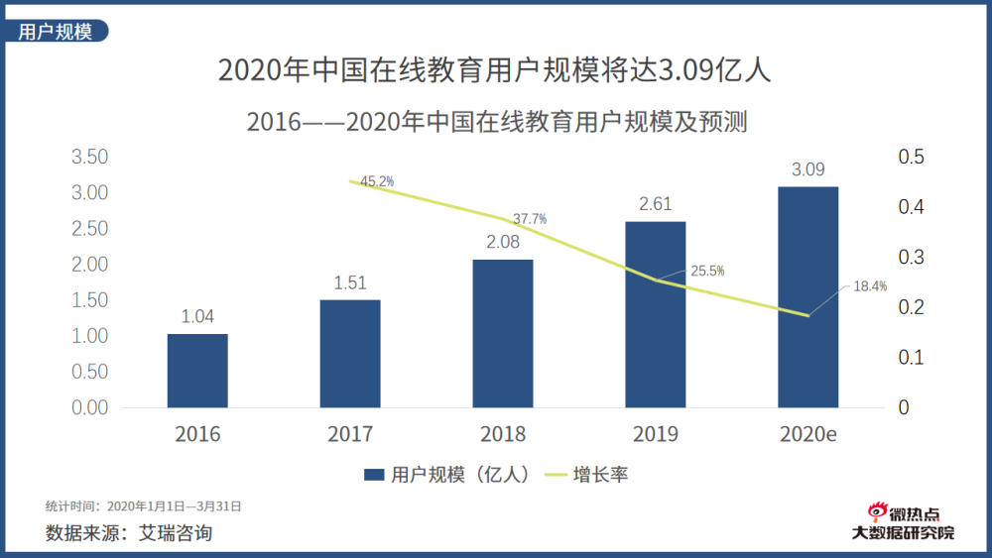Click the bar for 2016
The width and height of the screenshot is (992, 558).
(197, 371)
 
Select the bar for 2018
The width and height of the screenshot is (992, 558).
(503, 334)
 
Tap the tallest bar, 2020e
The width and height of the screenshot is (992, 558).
(807, 297)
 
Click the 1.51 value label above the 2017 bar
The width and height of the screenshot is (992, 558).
(350, 284)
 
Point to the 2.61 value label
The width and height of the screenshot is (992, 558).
(656, 205)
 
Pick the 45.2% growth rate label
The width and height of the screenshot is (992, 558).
(377, 181)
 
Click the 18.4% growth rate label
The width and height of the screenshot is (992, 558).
(870, 286)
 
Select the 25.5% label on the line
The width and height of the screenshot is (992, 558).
(707, 271)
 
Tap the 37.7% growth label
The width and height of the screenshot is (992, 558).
(529, 218)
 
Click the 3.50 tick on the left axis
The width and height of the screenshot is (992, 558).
(89, 157)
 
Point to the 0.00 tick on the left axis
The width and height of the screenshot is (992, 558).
(89, 407)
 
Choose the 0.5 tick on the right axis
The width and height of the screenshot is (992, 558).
(911, 157)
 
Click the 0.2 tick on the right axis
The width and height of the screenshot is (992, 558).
(911, 307)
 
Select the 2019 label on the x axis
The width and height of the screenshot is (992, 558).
(656, 434)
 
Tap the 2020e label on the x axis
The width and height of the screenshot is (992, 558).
(807, 434)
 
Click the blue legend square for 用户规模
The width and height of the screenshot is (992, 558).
(374, 475)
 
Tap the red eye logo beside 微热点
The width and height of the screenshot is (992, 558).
(875, 512)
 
